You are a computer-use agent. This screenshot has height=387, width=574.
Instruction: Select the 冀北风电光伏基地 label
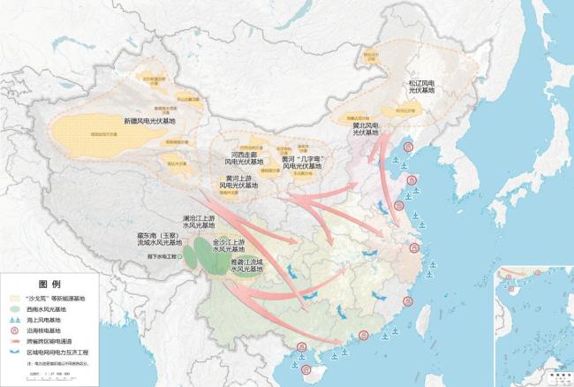click(x=369, y=130)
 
